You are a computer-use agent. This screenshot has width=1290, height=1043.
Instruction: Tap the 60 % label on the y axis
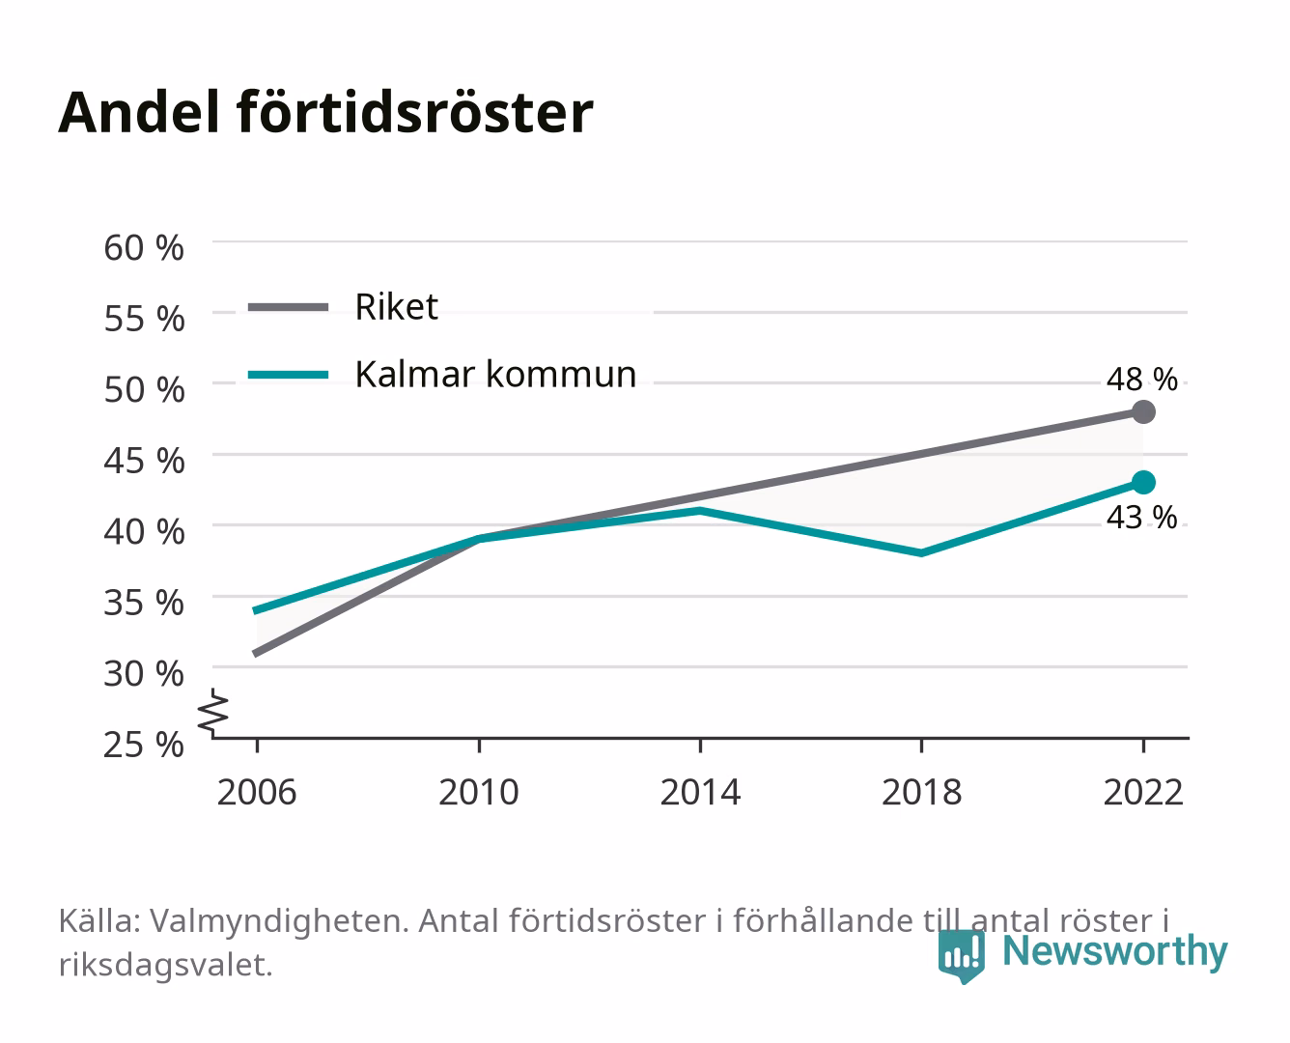click(x=144, y=248)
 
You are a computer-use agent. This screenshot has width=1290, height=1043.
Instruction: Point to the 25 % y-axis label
click(x=144, y=745)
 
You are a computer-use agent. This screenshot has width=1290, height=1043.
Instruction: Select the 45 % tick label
click(x=144, y=461)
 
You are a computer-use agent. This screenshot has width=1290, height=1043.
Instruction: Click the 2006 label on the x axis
click(x=257, y=792)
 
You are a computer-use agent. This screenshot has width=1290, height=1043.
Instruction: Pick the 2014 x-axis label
click(x=700, y=792)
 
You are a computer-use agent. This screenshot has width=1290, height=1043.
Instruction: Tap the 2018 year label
click(x=922, y=792)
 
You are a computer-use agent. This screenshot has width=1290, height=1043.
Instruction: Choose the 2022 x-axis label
click(x=1143, y=792)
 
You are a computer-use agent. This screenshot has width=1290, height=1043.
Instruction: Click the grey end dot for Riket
click(x=1143, y=411)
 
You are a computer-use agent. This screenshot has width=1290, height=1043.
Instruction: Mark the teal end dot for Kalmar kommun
click(x=1143, y=483)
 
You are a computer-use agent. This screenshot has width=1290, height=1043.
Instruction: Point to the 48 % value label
click(x=1141, y=380)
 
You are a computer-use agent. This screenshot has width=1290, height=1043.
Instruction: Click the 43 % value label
click(x=1141, y=518)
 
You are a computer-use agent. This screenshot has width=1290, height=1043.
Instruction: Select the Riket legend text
click(x=397, y=307)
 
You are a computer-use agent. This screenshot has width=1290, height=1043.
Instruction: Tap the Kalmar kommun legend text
click(x=495, y=375)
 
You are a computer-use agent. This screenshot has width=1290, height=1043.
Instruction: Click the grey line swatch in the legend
click(x=289, y=308)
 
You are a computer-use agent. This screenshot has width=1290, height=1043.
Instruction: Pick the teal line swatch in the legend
click(x=289, y=375)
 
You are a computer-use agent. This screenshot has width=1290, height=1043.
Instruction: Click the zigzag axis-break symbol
click(x=213, y=713)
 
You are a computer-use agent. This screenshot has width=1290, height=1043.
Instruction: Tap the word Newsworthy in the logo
click(x=1115, y=951)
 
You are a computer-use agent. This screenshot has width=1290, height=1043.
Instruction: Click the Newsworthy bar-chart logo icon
click(x=961, y=956)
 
